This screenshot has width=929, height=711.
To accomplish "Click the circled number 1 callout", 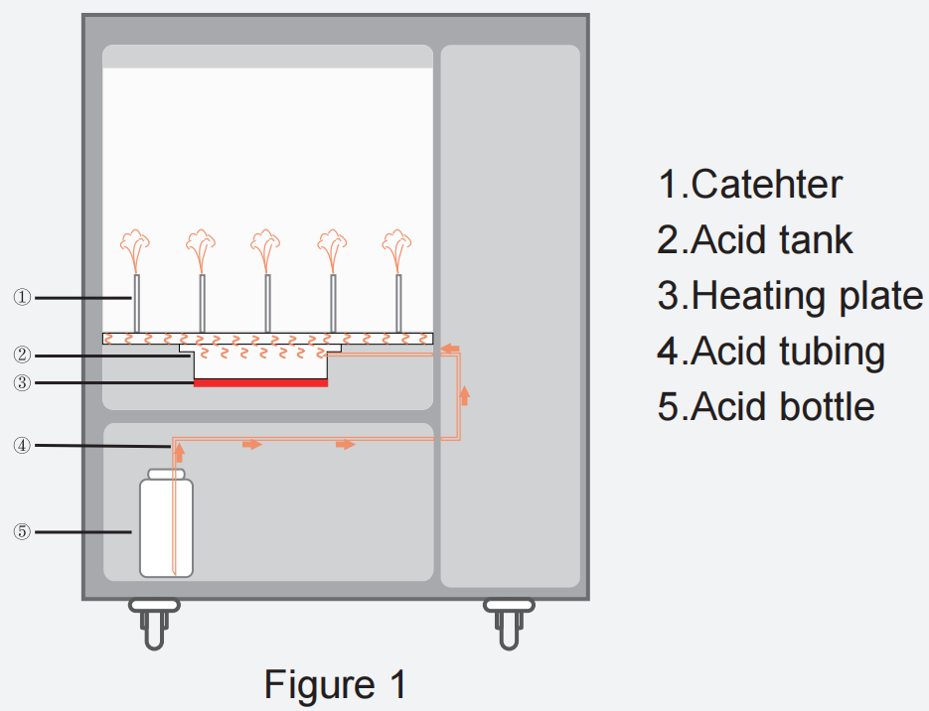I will pos(22,297).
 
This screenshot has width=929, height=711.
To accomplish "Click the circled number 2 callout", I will pos(22,355).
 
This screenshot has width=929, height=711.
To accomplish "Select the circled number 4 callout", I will pos(22,446).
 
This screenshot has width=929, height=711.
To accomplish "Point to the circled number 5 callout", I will pos(22,532).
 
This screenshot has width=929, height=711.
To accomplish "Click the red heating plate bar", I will pos(260,382).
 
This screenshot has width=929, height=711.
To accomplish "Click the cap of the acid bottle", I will pos(166,475).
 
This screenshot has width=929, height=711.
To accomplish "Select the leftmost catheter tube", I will pos(136,303).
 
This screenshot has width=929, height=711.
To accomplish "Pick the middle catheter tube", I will pos(267,303).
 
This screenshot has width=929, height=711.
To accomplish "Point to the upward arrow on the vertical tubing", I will pos(464,396).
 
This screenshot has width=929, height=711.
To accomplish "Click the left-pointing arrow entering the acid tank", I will pos(450,348).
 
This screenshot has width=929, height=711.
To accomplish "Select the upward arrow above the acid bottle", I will pos(179,453).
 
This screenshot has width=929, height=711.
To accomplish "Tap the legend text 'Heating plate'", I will pos(790,296).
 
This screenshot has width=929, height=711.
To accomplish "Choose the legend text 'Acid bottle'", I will pos(766,407).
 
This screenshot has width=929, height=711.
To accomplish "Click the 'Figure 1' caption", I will pos(335,685).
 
